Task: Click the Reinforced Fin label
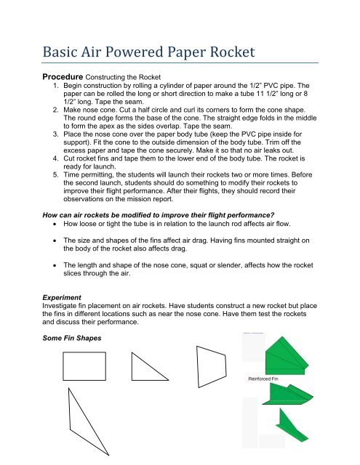pos(270,379)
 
